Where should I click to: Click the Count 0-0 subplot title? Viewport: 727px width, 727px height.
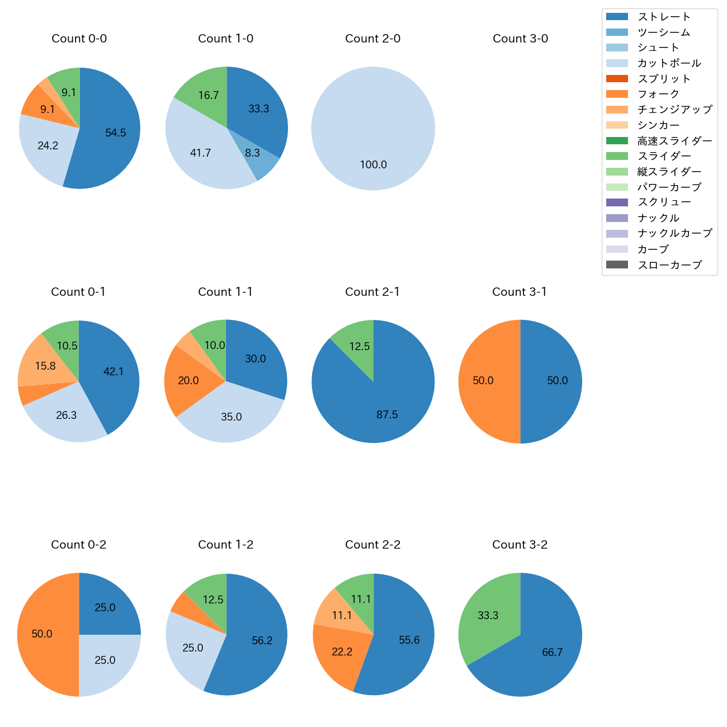pyautogui.click(x=79, y=39)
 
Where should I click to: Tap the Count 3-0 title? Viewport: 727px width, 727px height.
pyautogui.click(x=520, y=39)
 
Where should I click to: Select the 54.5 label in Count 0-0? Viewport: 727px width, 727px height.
pyautogui.click(x=116, y=133)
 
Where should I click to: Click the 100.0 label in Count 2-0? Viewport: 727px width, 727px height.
pyautogui.click(x=373, y=165)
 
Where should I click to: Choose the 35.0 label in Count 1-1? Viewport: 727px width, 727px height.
pyautogui.click(x=231, y=417)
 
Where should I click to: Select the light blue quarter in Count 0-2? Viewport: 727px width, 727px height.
pyautogui.click(x=106, y=663)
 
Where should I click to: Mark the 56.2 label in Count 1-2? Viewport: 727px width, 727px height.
pyautogui.click(x=262, y=641)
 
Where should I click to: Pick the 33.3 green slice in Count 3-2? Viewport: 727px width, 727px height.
pyautogui.click(x=485, y=615)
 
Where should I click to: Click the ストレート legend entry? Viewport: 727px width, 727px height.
pyautogui.click(x=664, y=17)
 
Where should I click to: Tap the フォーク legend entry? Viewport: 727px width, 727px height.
pyautogui.click(x=658, y=94)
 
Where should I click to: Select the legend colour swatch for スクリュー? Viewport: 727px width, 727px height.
pyautogui.click(x=617, y=202)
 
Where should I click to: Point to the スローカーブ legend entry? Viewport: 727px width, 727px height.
pyautogui.click(x=669, y=265)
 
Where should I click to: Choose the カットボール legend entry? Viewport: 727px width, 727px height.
pyautogui.click(x=669, y=63)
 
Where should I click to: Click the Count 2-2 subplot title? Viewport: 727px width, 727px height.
pyautogui.click(x=372, y=545)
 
